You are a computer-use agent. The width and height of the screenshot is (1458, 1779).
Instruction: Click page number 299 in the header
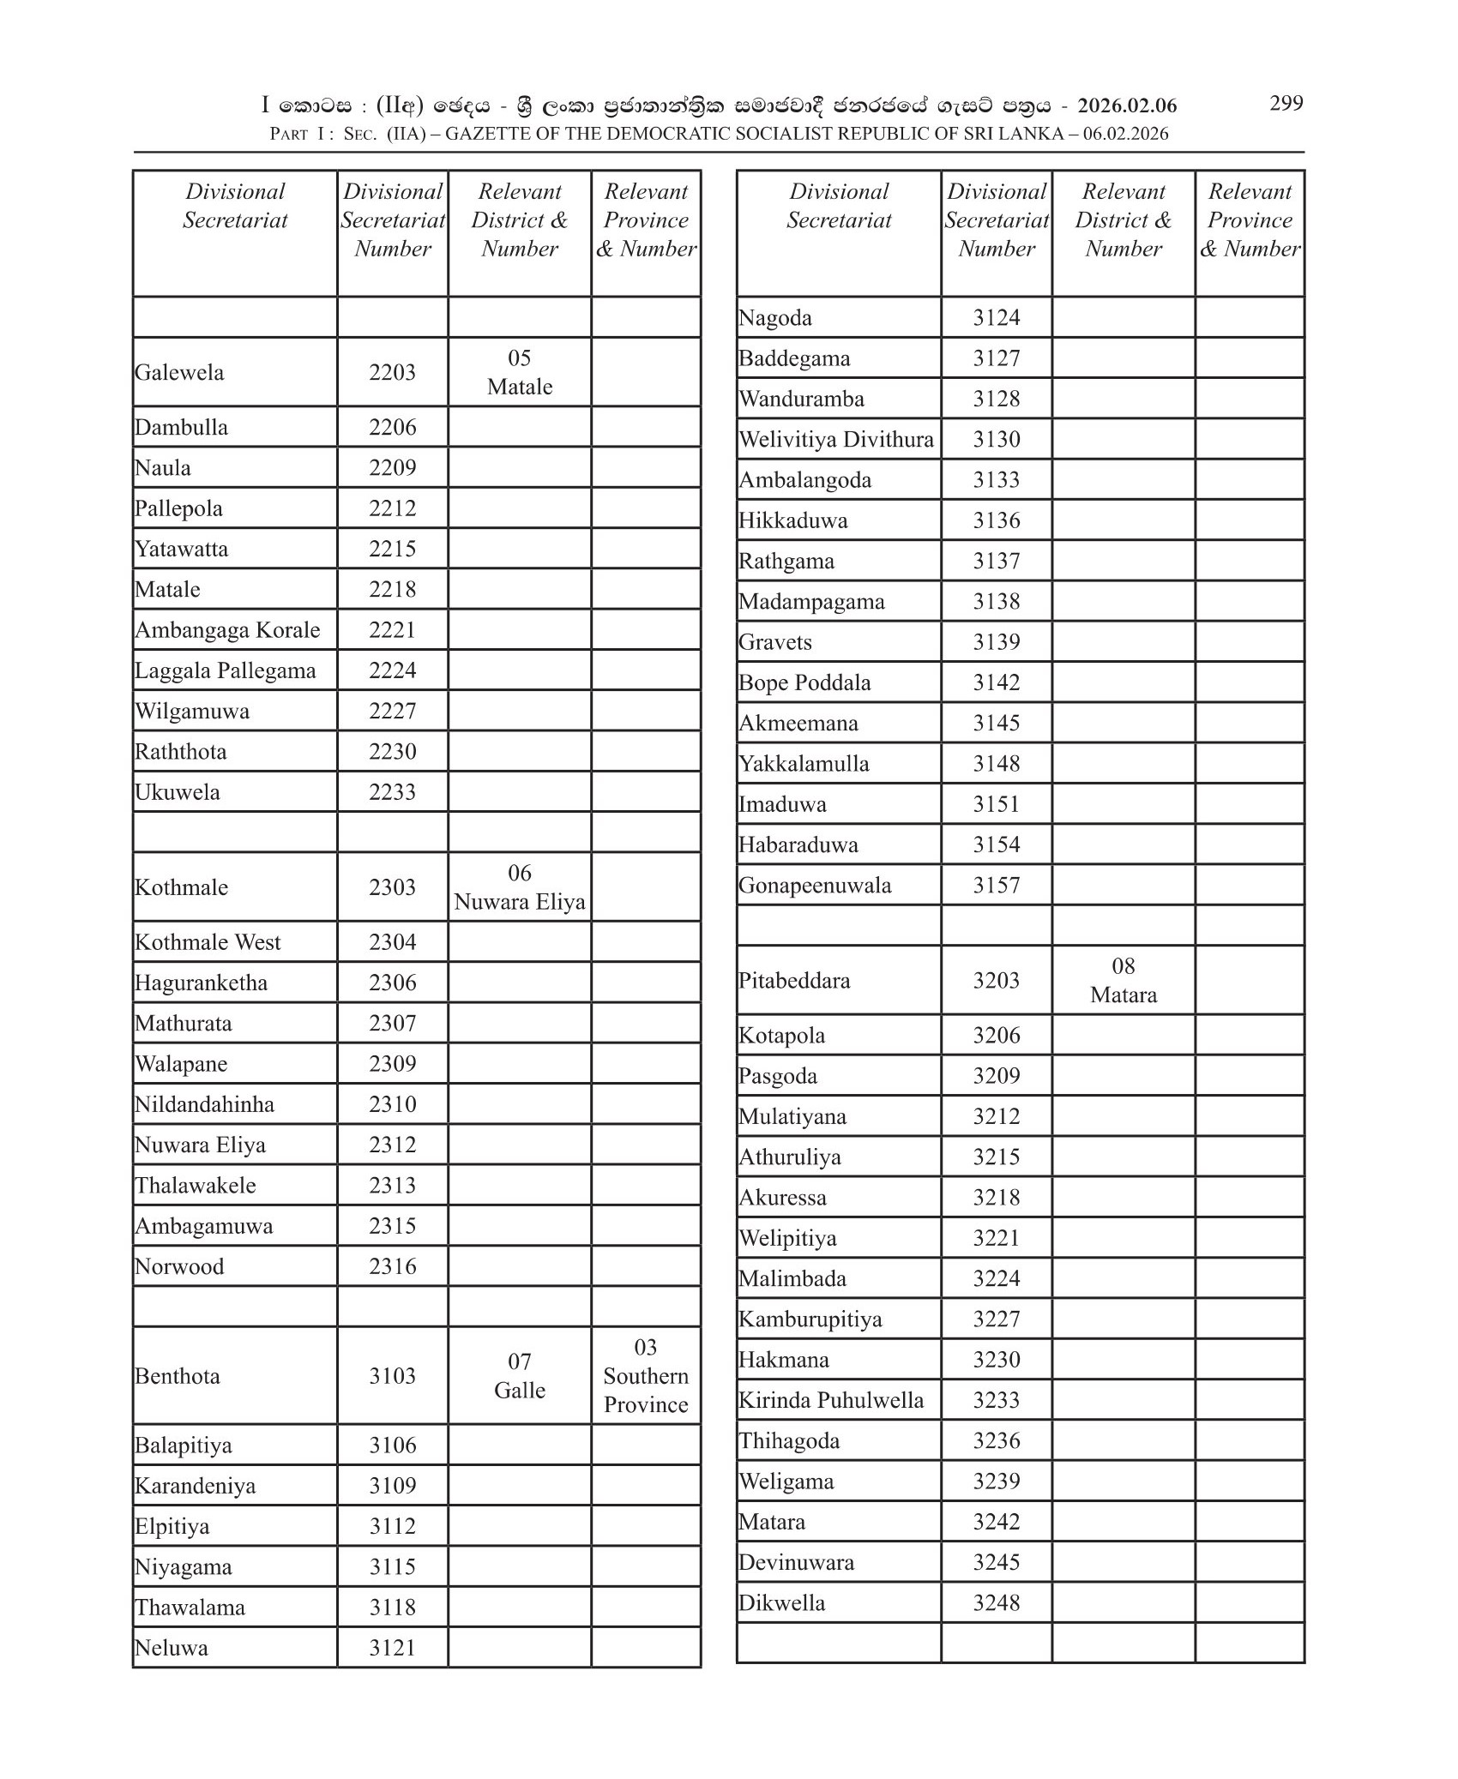pyautogui.click(x=1286, y=104)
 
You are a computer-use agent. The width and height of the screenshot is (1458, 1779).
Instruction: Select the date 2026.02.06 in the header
pyautogui.click(x=1126, y=105)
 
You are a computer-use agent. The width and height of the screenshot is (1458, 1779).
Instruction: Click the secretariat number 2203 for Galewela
pyautogui.click(x=392, y=372)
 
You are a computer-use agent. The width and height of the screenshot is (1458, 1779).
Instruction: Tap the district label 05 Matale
pyautogui.click(x=519, y=372)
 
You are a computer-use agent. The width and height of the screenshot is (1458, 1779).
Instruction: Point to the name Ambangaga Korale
pyautogui.click(x=227, y=630)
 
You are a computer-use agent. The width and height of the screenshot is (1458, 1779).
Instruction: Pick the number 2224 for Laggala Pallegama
pyautogui.click(x=392, y=670)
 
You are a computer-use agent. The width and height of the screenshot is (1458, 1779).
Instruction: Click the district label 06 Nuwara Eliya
pyautogui.click(x=519, y=887)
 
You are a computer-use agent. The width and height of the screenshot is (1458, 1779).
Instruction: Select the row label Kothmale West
pyautogui.click(x=208, y=942)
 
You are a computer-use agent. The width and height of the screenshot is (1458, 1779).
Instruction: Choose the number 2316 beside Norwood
pyautogui.click(x=392, y=1266)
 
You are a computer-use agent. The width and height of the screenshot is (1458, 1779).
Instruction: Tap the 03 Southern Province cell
pyautogui.click(x=645, y=1375)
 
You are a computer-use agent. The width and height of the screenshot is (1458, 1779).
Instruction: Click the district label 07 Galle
pyautogui.click(x=519, y=1375)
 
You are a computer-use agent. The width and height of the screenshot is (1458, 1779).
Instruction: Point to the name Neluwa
pyautogui.click(x=171, y=1648)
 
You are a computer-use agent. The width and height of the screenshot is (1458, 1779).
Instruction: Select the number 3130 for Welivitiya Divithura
pyautogui.click(x=996, y=439)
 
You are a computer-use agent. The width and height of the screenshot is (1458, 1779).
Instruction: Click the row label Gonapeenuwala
pyautogui.click(x=815, y=885)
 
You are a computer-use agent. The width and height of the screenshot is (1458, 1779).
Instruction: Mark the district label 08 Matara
pyautogui.click(x=1123, y=981)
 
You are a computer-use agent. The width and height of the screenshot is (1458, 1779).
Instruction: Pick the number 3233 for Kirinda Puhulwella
pyautogui.click(x=996, y=1400)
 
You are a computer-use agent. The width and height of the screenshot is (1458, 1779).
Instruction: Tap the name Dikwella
pyautogui.click(x=781, y=1602)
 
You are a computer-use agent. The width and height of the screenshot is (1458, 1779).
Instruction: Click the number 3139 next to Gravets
pyautogui.click(x=996, y=642)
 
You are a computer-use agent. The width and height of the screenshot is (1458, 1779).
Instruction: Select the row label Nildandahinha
pyautogui.click(x=204, y=1104)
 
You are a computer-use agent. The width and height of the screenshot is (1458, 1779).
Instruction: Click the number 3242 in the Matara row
pyautogui.click(x=996, y=1522)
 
